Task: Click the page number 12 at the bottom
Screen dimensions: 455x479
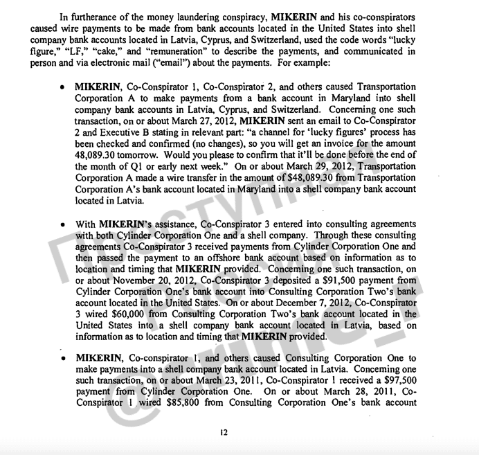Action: pyautogui.click(x=224, y=434)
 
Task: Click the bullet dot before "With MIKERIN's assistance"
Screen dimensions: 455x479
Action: pyautogui.click(x=62, y=225)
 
